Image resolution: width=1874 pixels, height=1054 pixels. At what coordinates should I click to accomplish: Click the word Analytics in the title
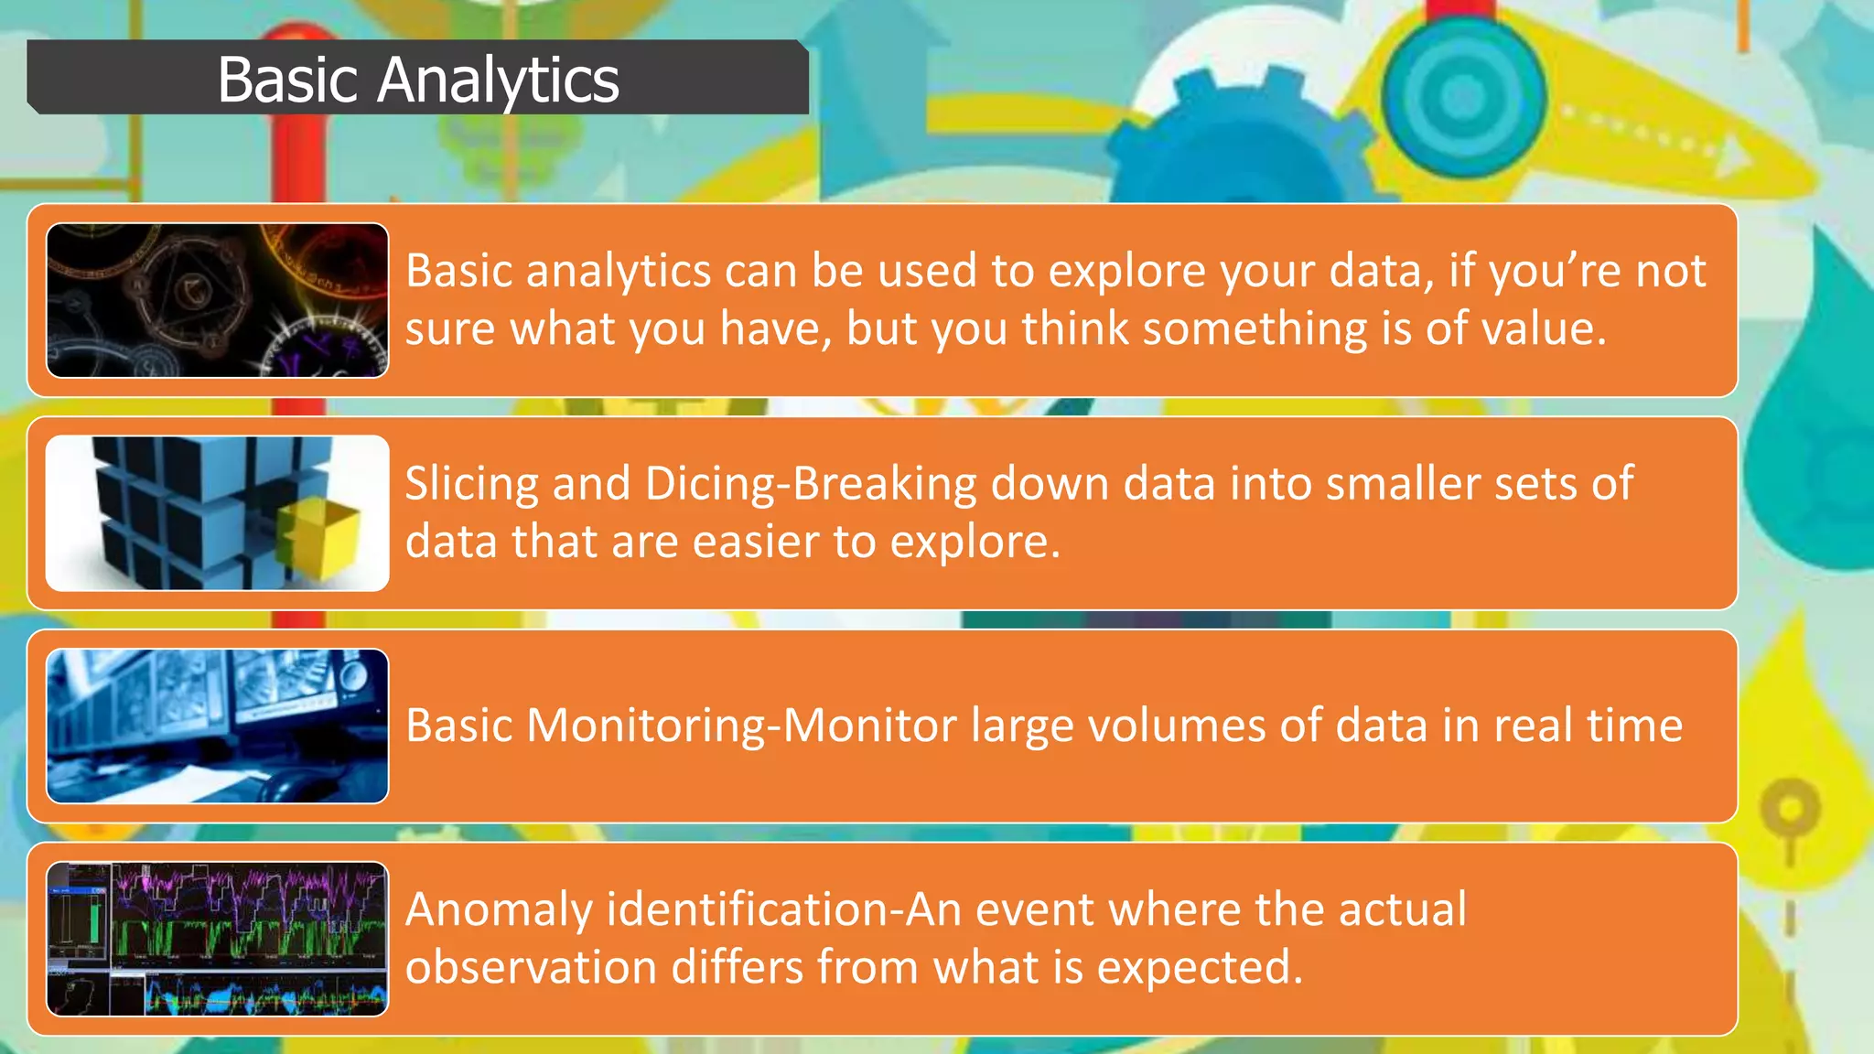498,81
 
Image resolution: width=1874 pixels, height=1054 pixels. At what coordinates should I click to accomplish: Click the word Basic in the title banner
287,81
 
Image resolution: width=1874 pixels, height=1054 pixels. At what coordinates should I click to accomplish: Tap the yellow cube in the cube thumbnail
320,540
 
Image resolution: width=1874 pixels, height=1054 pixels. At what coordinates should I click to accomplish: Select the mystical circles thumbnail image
218,300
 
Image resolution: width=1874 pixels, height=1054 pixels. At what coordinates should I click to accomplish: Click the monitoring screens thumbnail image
218,726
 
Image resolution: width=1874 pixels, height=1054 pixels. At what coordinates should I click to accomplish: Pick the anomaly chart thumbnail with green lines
218,939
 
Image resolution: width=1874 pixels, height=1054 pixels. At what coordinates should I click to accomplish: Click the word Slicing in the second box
471,485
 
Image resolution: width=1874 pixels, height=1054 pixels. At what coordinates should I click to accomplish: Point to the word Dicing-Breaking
811,485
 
